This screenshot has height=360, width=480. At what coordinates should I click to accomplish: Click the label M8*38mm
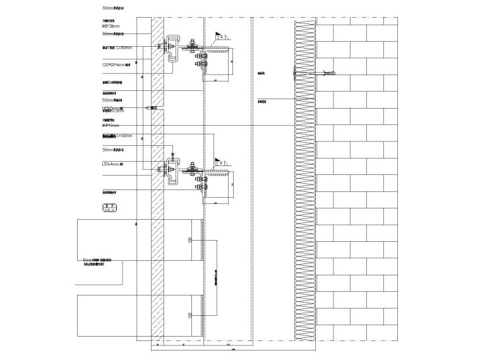pyautogui.click(x=111, y=27)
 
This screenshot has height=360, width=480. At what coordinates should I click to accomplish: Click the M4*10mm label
pyautogui.click(x=111, y=125)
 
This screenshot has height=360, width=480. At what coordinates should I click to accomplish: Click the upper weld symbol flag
pyautogui.click(x=219, y=37)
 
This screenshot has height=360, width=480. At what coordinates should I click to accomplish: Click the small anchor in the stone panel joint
pyautogui.click(x=150, y=108)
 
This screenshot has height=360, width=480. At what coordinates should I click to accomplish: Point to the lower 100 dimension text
pyautogui.click(x=189, y=314)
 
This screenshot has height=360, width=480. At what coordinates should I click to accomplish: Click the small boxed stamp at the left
pyautogui.click(x=111, y=207)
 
